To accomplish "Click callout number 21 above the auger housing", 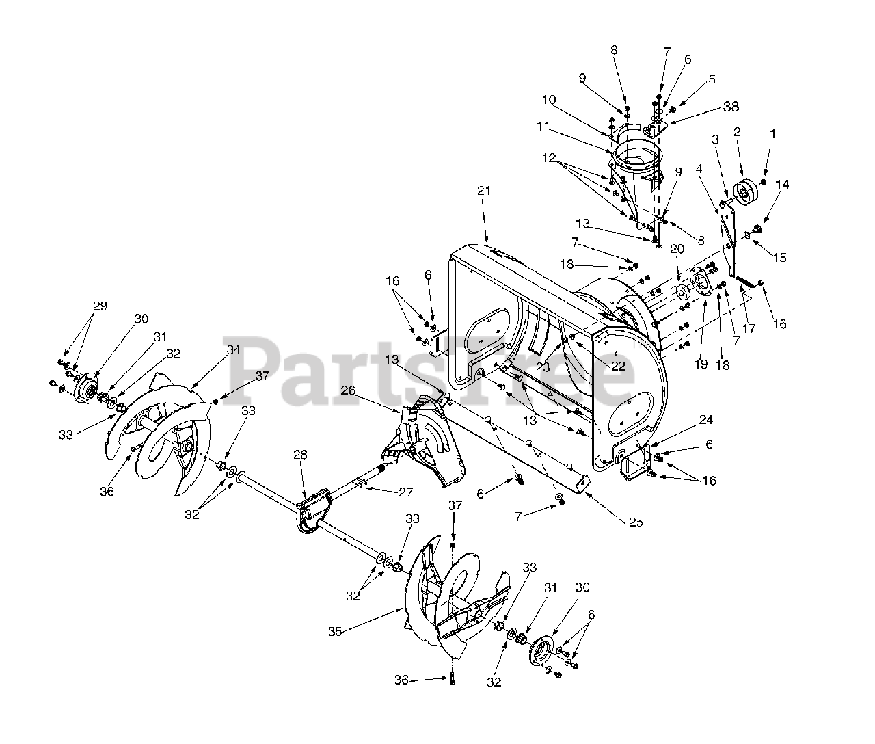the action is [484, 191].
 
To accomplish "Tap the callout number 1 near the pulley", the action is [773, 135].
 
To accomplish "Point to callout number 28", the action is [300, 455].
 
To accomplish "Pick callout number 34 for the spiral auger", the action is [234, 349].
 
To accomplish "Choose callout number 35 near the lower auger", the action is [334, 632].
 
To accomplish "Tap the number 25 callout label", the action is [636, 522].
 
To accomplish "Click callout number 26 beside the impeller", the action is [367, 390].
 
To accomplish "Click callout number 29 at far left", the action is [100, 306].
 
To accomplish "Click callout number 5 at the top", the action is [712, 79].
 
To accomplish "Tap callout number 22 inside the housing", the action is [618, 366].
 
